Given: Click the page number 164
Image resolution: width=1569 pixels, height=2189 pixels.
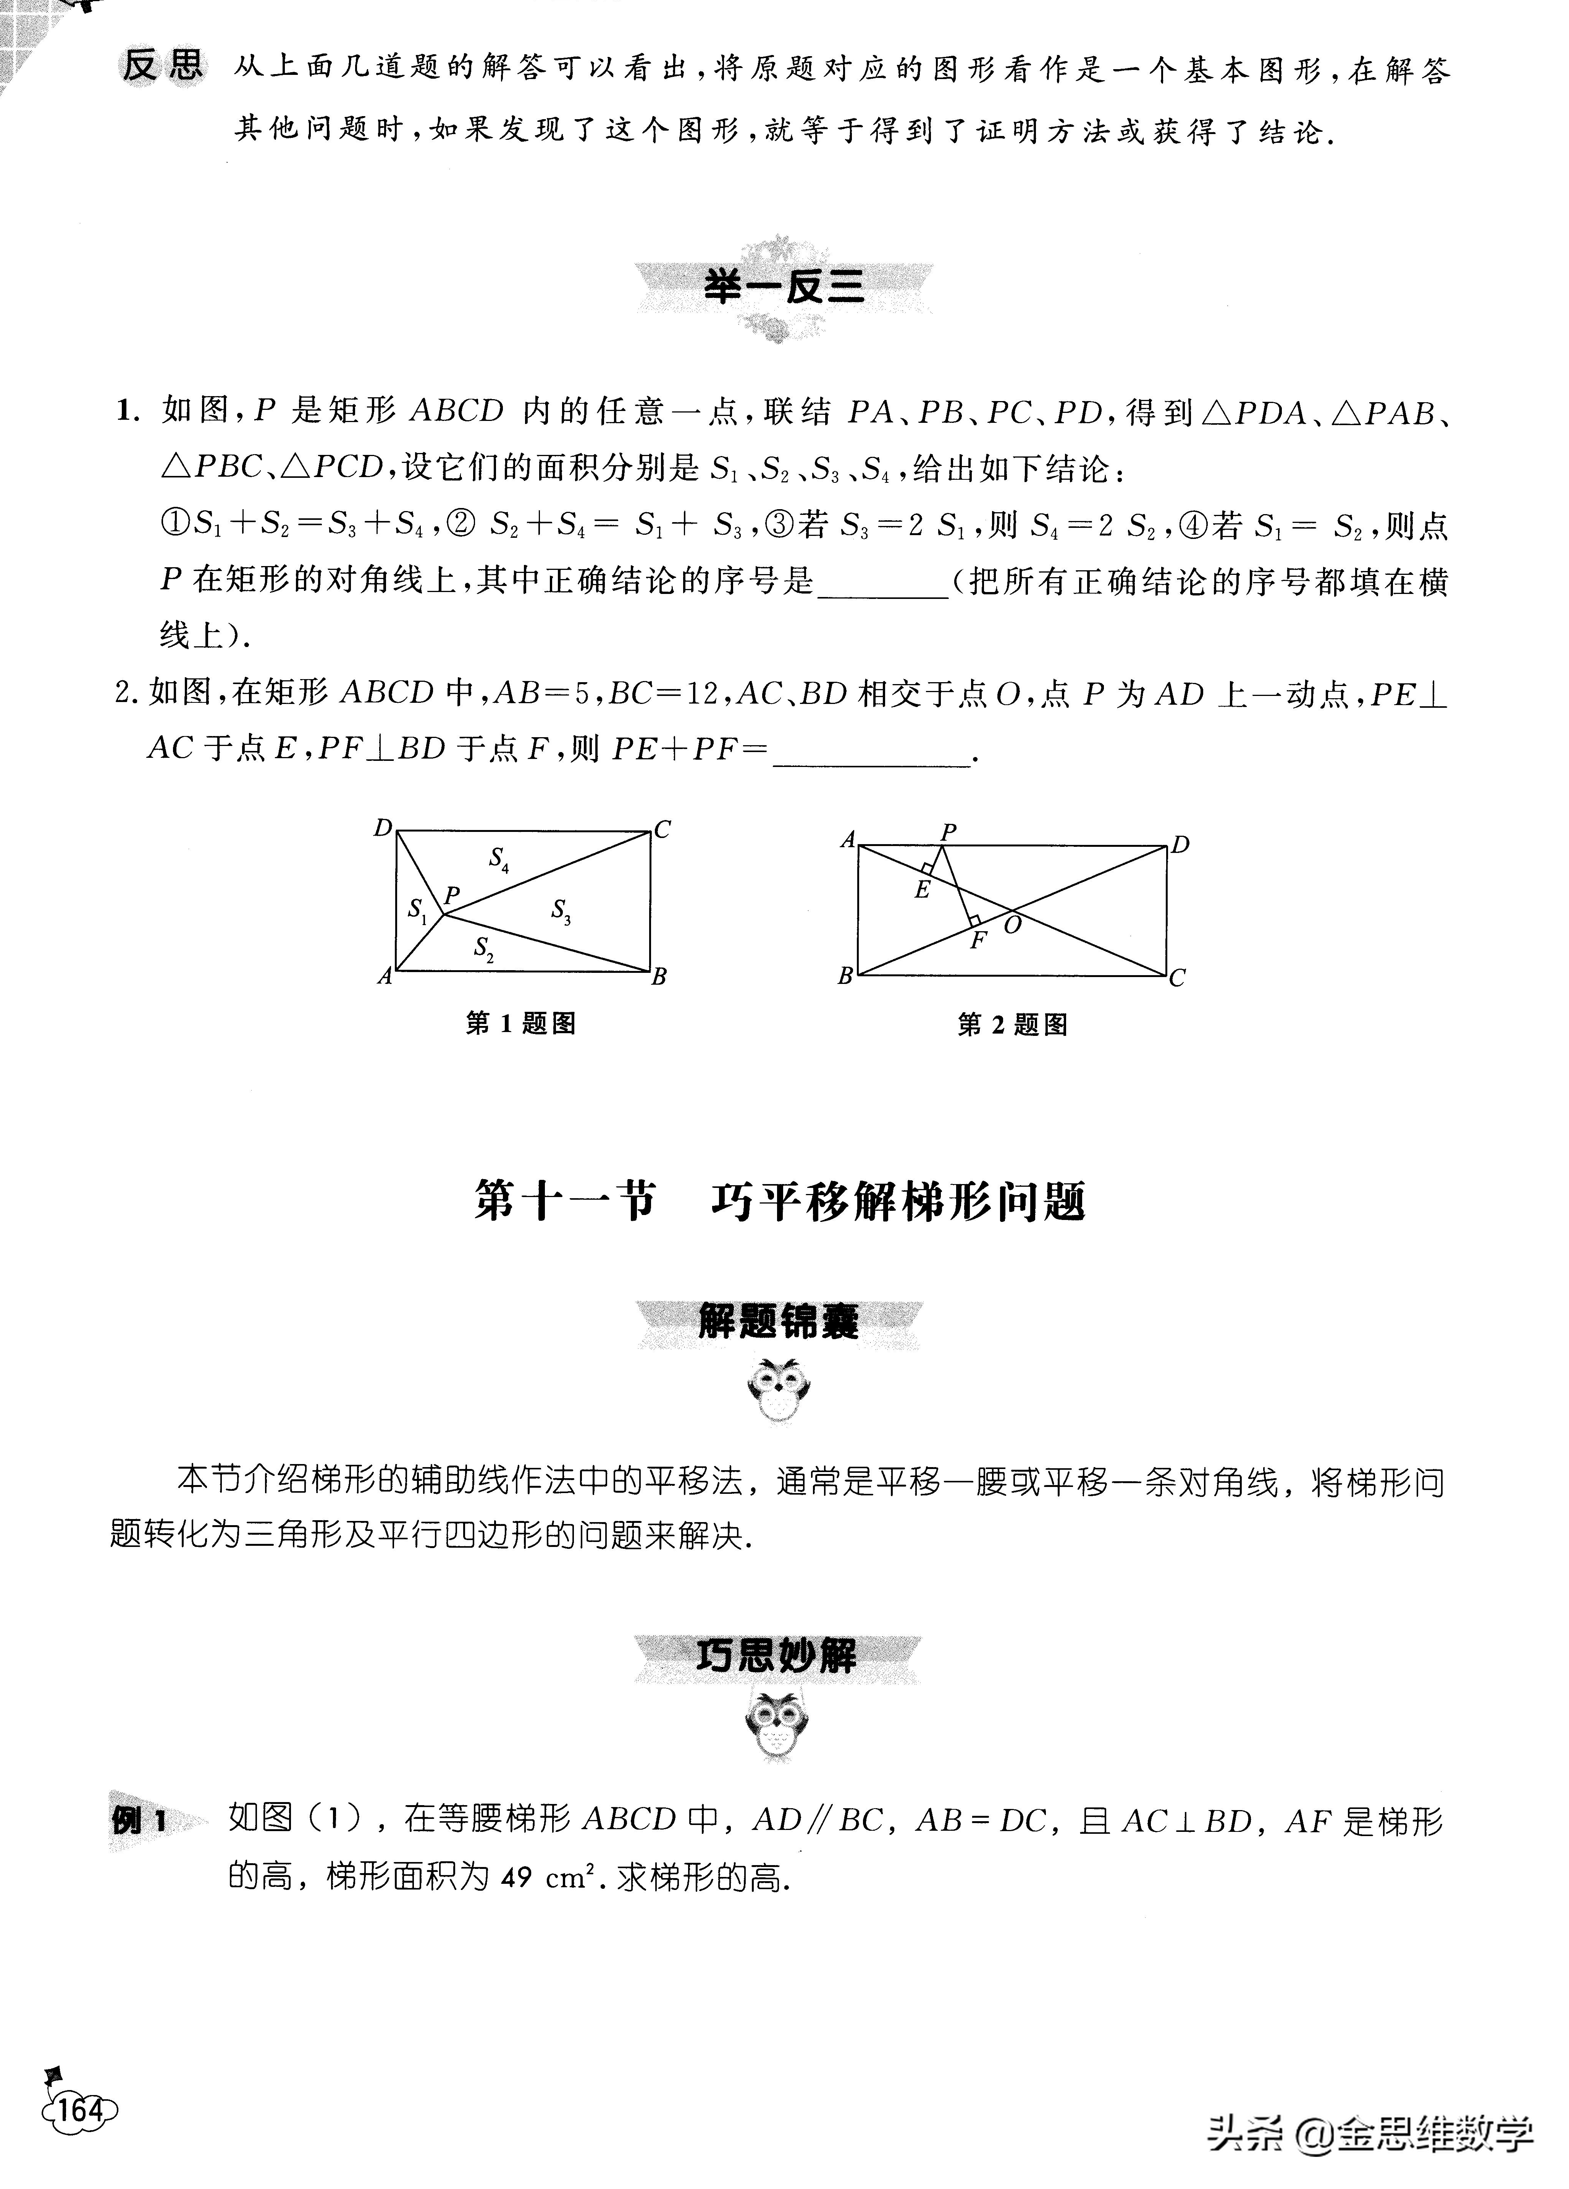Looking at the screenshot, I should (x=79, y=2110).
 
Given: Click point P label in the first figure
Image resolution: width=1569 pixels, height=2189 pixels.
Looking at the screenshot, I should (x=452, y=895).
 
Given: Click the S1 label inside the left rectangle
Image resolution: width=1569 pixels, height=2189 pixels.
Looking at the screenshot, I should (x=417, y=909).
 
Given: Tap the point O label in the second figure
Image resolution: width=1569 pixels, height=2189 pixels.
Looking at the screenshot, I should (x=1012, y=925).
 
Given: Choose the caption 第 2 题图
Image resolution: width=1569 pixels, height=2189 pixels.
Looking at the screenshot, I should (x=1012, y=1024).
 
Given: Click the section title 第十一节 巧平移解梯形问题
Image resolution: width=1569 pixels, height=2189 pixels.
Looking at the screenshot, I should (x=780, y=1202).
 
